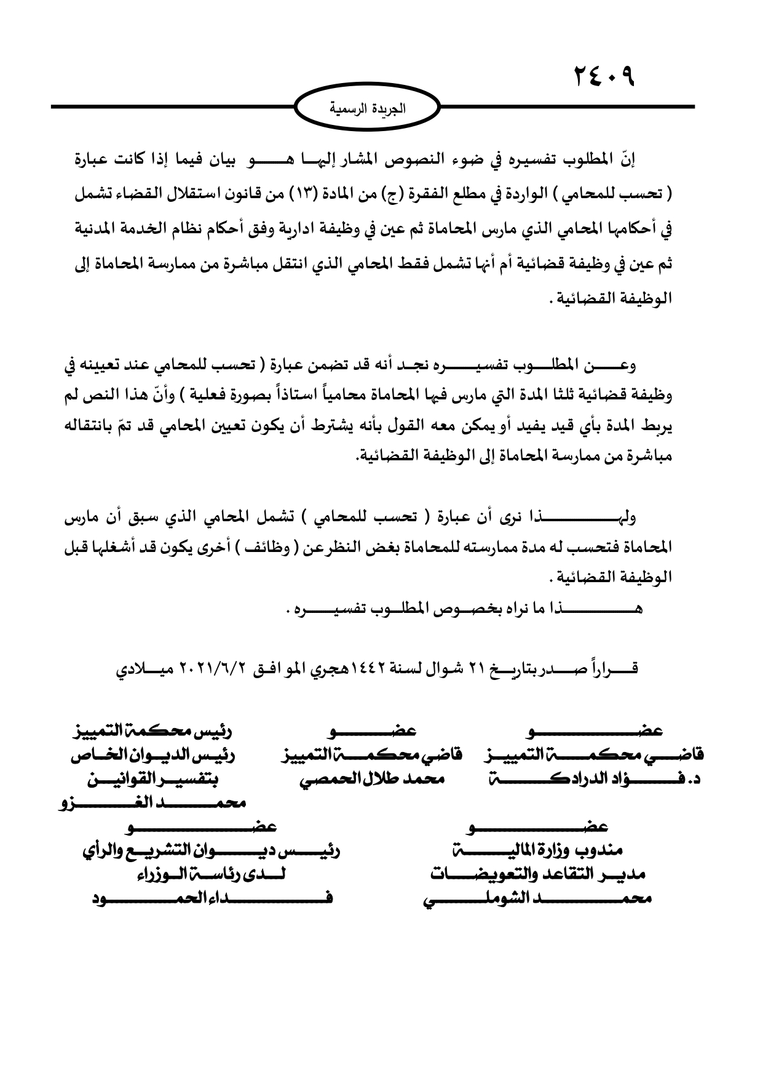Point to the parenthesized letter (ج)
tap(408, 195)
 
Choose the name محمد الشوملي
tap(537, 898)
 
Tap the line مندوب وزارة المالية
tap(537, 850)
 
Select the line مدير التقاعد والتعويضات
tap(537, 874)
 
